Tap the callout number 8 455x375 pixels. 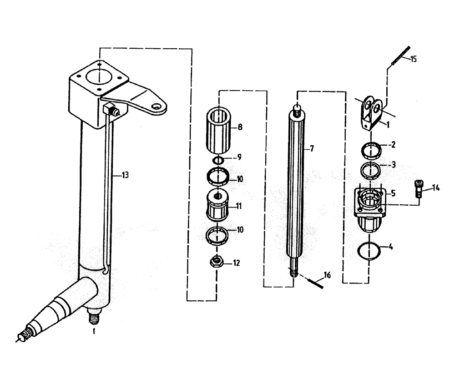pos(240,127)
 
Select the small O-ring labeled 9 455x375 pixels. pos(218,160)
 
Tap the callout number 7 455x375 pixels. pos(312,148)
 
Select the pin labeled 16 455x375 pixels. pos(315,282)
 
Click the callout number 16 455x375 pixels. pos(327,275)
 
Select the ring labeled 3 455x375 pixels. pos(371,169)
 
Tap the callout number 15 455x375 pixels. pos(414,59)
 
